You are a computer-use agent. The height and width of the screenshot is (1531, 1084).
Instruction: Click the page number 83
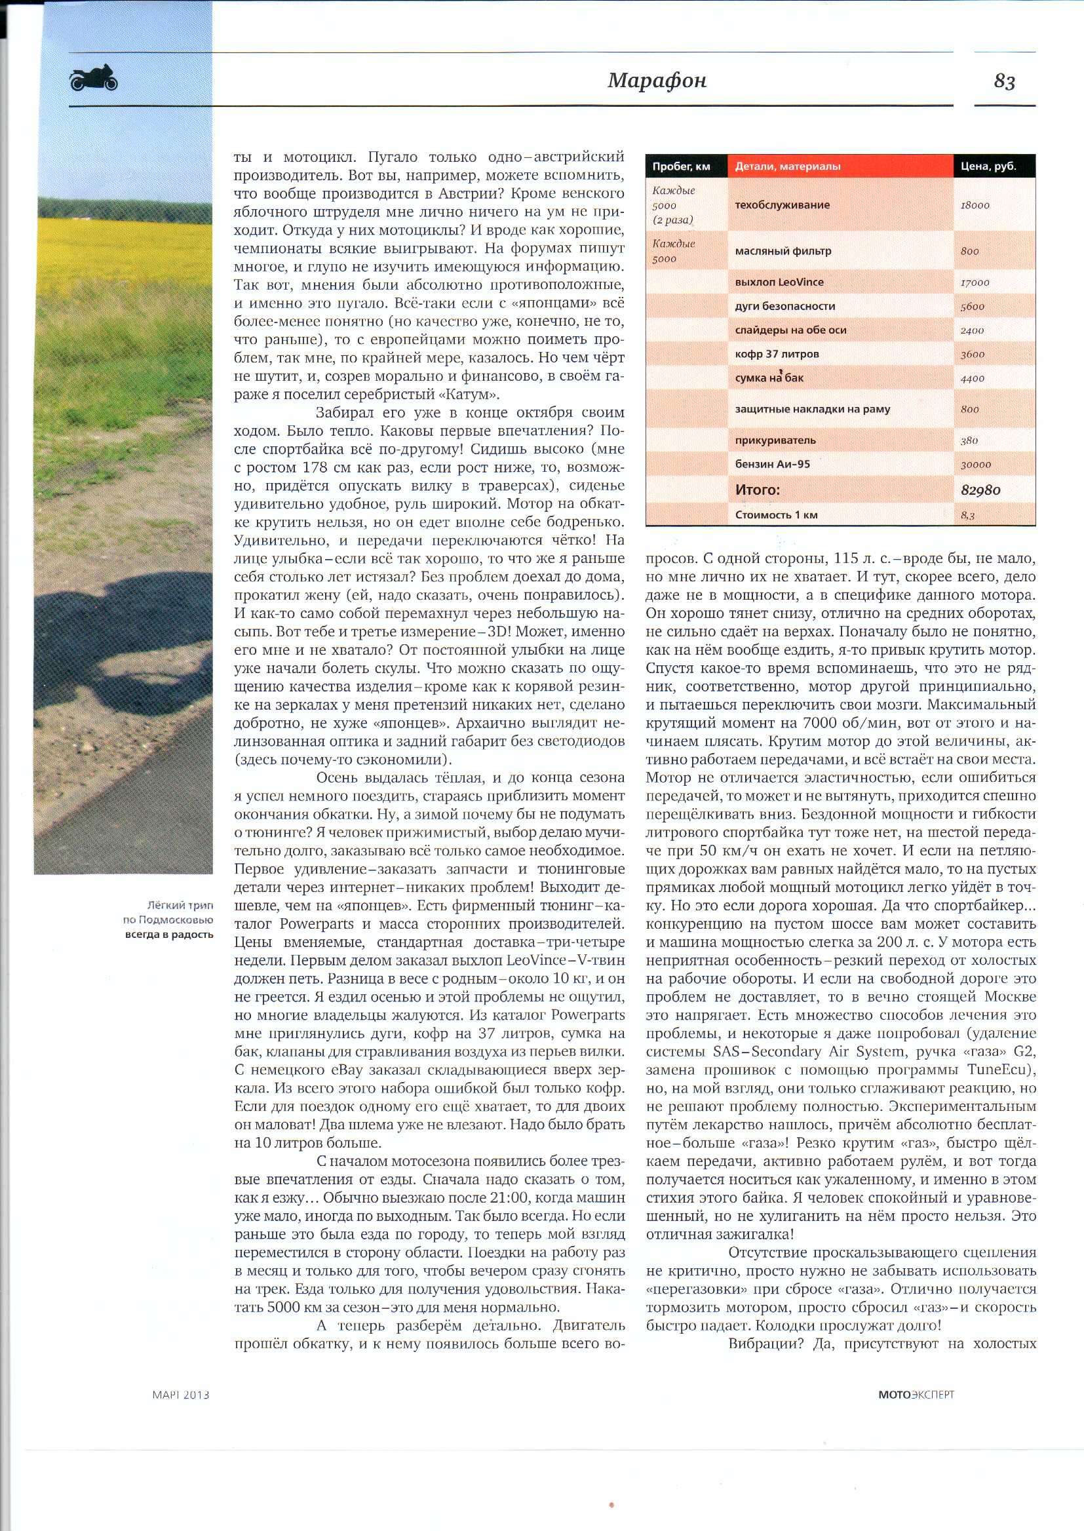click(x=1004, y=81)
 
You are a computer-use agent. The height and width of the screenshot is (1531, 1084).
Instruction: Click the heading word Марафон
click(x=657, y=81)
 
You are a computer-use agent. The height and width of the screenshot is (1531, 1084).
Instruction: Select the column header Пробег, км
click(x=681, y=166)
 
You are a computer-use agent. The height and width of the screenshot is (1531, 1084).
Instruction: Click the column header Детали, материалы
click(x=788, y=166)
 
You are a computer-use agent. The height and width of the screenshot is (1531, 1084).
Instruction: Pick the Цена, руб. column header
click(x=988, y=166)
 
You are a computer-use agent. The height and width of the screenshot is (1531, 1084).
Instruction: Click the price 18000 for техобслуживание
click(x=975, y=206)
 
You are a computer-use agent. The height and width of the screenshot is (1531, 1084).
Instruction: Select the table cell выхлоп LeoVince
click(x=779, y=282)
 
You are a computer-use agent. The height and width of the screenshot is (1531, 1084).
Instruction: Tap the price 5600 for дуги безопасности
click(x=973, y=307)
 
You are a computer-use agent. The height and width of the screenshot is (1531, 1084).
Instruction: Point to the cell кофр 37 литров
click(x=777, y=355)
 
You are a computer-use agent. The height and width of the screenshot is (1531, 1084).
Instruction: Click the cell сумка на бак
click(x=769, y=378)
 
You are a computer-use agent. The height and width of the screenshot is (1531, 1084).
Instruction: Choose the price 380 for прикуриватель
click(x=969, y=440)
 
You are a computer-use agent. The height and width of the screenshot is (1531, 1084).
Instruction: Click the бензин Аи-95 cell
click(x=772, y=464)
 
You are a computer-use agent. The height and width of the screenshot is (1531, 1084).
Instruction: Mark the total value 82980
click(x=980, y=490)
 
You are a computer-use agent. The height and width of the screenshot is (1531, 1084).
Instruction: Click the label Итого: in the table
click(x=757, y=490)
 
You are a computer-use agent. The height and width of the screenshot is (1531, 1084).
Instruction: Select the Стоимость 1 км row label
click(x=776, y=515)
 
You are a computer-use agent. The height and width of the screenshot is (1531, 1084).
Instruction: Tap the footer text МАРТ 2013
click(x=180, y=1395)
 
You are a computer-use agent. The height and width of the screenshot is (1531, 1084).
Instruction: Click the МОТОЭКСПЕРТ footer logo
click(x=916, y=1394)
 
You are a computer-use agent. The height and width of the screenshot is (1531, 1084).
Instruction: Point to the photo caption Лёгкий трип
click(x=180, y=906)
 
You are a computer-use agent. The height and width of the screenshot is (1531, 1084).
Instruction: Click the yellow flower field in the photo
click(x=120, y=247)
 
